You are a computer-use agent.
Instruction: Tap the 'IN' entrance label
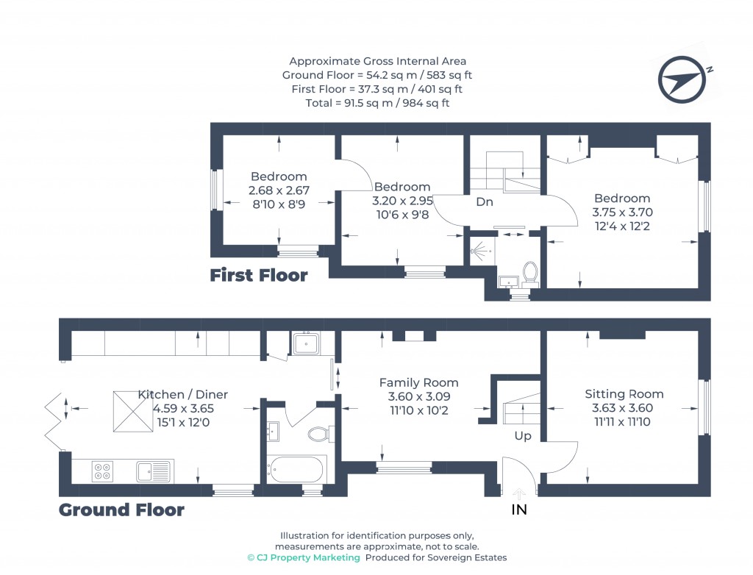[519, 509]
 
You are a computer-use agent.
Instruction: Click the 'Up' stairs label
[522, 436]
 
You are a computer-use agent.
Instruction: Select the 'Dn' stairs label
[484, 201]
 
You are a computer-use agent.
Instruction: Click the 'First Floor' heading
[258, 276]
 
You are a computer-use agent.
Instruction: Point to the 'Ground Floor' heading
[121, 510]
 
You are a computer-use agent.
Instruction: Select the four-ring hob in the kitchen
[102, 471]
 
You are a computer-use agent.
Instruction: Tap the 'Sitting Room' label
[624, 394]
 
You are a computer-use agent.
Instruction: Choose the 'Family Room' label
[418, 382]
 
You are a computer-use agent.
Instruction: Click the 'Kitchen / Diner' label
[183, 395]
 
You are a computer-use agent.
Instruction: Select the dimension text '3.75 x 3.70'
[622, 212]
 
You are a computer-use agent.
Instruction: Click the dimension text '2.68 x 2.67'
[279, 190]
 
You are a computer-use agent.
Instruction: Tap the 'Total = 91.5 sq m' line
[377, 103]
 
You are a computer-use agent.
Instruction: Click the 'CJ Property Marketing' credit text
[308, 558]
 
